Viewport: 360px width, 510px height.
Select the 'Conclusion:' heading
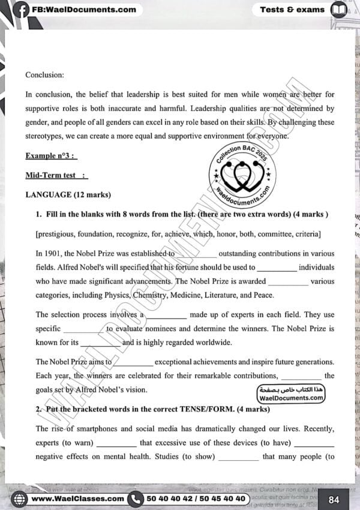(x=44, y=75)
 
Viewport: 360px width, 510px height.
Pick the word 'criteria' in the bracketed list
(x=305, y=233)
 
